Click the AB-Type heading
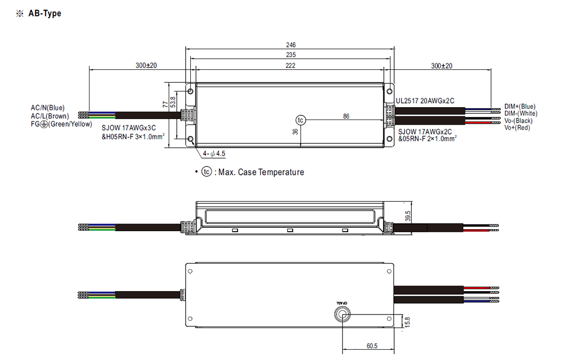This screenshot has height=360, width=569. pyautogui.click(x=44, y=13)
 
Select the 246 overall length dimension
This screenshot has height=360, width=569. pyautogui.click(x=291, y=45)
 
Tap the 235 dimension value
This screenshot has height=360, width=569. pyautogui.click(x=291, y=55)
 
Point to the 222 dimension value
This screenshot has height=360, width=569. pyautogui.click(x=290, y=66)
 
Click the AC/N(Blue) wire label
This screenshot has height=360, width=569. pyautogui.click(x=48, y=108)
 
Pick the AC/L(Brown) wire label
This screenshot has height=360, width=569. pyautogui.click(x=50, y=116)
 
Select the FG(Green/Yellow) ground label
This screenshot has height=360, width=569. pyautogui.click(x=62, y=124)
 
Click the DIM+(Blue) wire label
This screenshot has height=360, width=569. pyautogui.click(x=520, y=107)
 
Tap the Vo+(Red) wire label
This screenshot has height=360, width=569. pyautogui.click(x=517, y=128)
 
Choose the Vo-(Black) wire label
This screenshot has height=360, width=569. pyautogui.click(x=518, y=121)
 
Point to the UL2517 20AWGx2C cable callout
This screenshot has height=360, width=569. pyautogui.click(x=425, y=101)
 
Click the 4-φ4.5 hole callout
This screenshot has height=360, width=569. pyautogui.click(x=214, y=154)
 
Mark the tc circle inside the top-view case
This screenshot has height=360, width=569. pyautogui.click(x=301, y=120)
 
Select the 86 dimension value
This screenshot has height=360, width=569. pyautogui.click(x=346, y=116)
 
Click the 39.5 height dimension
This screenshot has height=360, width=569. pyautogui.click(x=408, y=216)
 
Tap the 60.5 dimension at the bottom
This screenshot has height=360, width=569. pyautogui.click(x=372, y=346)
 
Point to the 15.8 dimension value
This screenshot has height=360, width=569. pyautogui.click(x=407, y=322)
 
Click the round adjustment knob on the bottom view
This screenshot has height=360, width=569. pyautogui.click(x=342, y=314)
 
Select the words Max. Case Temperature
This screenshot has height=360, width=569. pyautogui.click(x=261, y=172)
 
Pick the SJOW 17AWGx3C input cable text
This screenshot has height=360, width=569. pyautogui.click(x=129, y=128)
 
